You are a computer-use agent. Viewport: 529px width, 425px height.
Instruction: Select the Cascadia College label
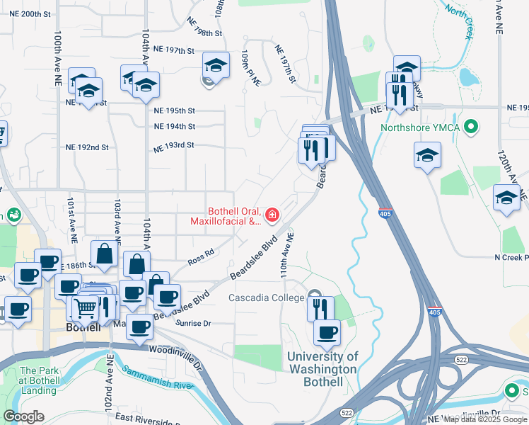click(x=266, y=298)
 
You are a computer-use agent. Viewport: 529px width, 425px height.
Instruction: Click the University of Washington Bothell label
click(x=322, y=369)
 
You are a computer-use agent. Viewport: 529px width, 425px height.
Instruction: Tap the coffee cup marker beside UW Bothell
click(x=326, y=332)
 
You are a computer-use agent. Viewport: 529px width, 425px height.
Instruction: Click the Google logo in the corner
click(x=23, y=416)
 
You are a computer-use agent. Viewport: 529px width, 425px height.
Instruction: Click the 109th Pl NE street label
click(x=251, y=69)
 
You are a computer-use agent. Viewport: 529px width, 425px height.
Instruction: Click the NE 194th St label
click(x=174, y=127)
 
